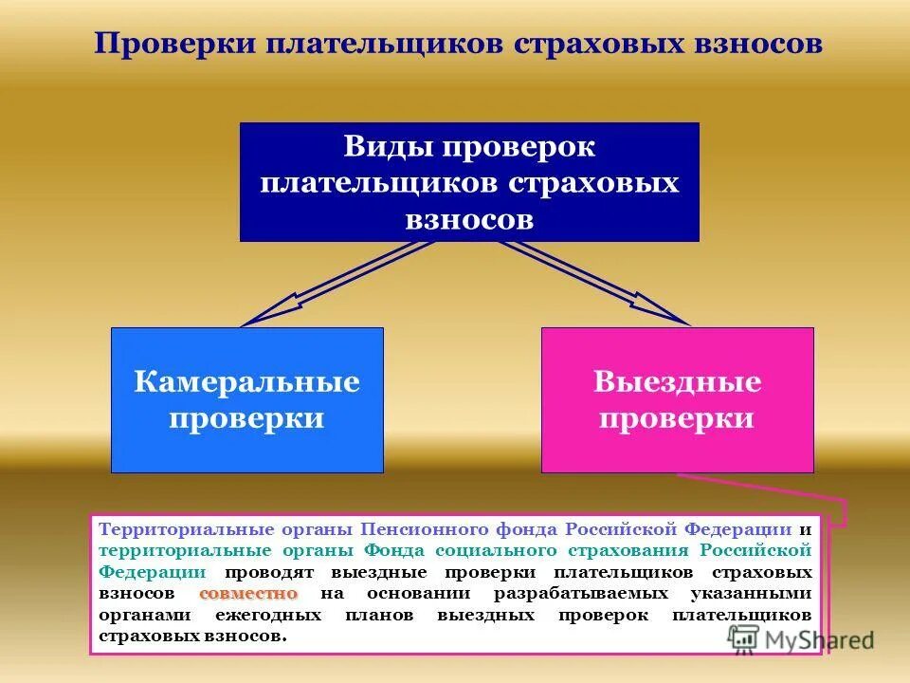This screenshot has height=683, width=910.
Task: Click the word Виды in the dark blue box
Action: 383,147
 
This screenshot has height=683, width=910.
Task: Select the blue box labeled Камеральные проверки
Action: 247,399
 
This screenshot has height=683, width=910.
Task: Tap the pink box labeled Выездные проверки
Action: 677,399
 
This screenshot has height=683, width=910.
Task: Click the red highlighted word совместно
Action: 249,593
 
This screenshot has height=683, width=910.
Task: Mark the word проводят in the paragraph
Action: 271,572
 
